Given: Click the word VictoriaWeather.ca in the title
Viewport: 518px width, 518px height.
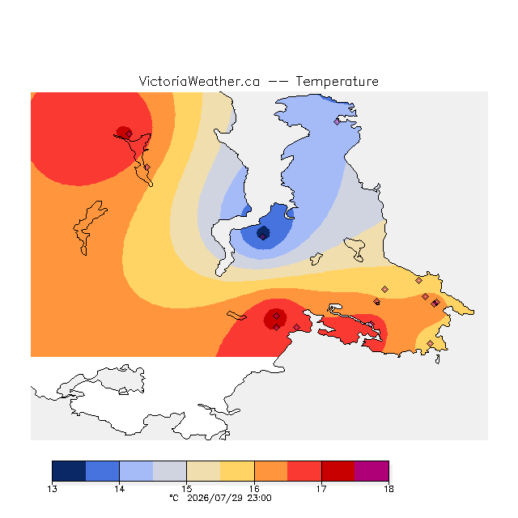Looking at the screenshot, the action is click(199, 82).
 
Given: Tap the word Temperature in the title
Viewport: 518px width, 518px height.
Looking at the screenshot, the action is click(337, 82).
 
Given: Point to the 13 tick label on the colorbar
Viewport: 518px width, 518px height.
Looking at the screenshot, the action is click(52, 489).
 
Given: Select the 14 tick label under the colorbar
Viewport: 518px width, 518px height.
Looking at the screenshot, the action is click(119, 489).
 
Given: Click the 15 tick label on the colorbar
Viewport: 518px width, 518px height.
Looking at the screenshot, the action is click(187, 489).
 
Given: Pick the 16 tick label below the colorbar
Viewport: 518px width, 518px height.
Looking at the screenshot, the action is click(254, 489).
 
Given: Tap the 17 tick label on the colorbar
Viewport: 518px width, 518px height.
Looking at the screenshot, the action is click(321, 489).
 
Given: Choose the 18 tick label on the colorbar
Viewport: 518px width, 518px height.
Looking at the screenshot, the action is click(388, 489).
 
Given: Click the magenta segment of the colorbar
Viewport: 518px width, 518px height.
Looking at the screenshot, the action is click(372, 471).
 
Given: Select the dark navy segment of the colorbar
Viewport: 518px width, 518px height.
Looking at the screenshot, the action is click(69, 471).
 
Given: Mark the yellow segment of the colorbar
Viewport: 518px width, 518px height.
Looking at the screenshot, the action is click(237, 471).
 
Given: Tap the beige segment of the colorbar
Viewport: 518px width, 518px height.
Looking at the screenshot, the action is click(203, 471).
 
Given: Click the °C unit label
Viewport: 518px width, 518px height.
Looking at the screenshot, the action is click(174, 498).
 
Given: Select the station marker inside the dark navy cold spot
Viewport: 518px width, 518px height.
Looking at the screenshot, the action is click(262, 236).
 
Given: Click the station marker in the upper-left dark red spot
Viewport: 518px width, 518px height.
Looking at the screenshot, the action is click(129, 134).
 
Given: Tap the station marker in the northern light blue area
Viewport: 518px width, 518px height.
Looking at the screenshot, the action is click(337, 121).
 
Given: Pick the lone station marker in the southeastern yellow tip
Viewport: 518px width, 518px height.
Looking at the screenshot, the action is click(430, 343).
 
